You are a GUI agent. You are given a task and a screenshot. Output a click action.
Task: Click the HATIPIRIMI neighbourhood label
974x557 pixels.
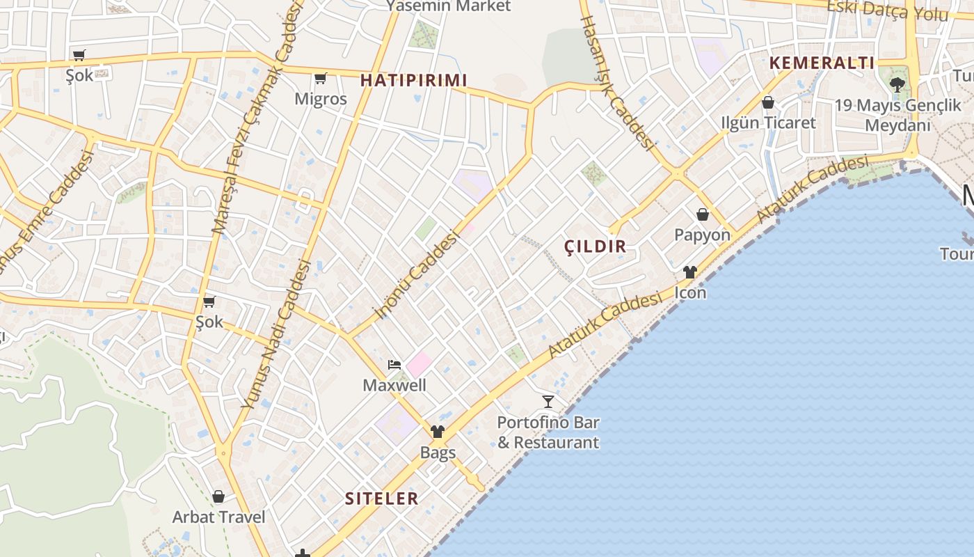(x=413, y=81)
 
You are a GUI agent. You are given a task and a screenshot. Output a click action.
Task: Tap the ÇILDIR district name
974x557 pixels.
(x=595, y=246)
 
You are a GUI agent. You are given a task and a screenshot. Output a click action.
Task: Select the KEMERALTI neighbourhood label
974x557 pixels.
(x=822, y=63)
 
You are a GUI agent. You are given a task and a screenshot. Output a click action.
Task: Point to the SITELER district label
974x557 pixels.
(x=382, y=499)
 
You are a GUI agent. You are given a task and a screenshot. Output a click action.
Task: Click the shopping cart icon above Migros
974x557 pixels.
(x=320, y=78)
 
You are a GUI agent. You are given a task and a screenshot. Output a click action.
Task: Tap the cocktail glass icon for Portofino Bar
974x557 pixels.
(x=548, y=401)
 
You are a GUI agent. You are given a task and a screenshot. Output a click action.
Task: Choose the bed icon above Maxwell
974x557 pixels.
(x=394, y=365)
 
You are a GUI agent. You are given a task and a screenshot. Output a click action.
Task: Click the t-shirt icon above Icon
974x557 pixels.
(x=689, y=272)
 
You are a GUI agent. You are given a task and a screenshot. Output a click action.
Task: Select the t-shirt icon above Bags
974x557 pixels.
(x=437, y=432)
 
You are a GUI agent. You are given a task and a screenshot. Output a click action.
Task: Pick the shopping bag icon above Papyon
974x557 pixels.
(x=703, y=214)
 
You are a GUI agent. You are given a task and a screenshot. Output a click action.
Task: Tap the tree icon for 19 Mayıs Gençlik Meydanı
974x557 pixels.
(x=897, y=85)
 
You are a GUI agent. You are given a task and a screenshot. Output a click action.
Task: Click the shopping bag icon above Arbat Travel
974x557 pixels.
(x=218, y=496)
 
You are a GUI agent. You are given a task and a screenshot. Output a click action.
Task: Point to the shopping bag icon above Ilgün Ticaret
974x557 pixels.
(x=768, y=103)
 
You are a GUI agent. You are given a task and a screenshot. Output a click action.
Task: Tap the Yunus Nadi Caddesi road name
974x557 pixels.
(x=276, y=334)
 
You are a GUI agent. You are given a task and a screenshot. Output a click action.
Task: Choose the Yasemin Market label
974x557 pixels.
(x=448, y=6)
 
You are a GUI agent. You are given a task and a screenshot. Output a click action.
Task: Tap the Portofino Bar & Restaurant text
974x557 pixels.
(x=548, y=432)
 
